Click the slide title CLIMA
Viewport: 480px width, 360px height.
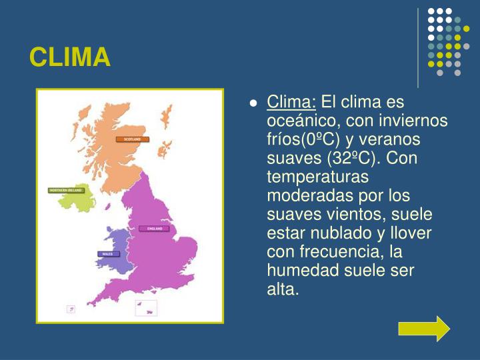[69, 58]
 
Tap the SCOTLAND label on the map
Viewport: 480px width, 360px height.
[133, 139]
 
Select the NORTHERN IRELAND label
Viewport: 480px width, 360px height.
[66, 190]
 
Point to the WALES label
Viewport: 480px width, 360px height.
[107, 254]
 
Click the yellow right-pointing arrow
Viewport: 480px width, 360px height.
[424, 328]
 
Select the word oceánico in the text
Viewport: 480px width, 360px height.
[297, 121]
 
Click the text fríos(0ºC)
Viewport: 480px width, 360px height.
[305, 140]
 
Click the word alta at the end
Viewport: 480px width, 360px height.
[283, 289]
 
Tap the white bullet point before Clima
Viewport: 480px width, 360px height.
[253, 104]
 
